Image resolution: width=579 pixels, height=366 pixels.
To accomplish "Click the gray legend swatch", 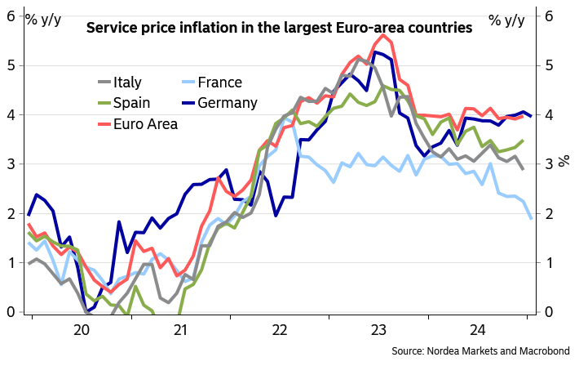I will pyautogui.click(x=104, y=82).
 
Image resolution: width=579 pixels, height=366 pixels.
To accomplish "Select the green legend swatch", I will pyautogui.click(x=104, y=103).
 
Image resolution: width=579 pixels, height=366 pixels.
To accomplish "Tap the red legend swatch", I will pyautogui.click(x=104, y=124).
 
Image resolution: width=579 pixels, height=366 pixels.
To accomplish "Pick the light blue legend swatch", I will pyautogui.click(x=188, y=82).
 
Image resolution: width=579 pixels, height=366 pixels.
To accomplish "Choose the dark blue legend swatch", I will pyautogui.click(x=188, y=103).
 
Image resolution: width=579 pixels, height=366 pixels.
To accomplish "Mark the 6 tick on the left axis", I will pyautogui.click(x=11, y=16).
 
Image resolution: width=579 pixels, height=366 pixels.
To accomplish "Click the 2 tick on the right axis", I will pyautogui.click(x=550, y=214).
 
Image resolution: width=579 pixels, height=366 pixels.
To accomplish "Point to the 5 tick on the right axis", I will pyautogui.click(x=550, y=65).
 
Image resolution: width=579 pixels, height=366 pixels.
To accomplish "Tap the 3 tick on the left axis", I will pyautogui.click(x=11, y=164).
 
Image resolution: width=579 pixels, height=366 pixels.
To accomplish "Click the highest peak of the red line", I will pyautogui.click(x=382, y=34).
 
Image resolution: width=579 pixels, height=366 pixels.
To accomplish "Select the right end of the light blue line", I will pyautogui.click(x=532, y=218).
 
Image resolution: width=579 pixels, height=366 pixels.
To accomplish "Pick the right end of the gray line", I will pyautogui.click(x=523, y=169).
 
